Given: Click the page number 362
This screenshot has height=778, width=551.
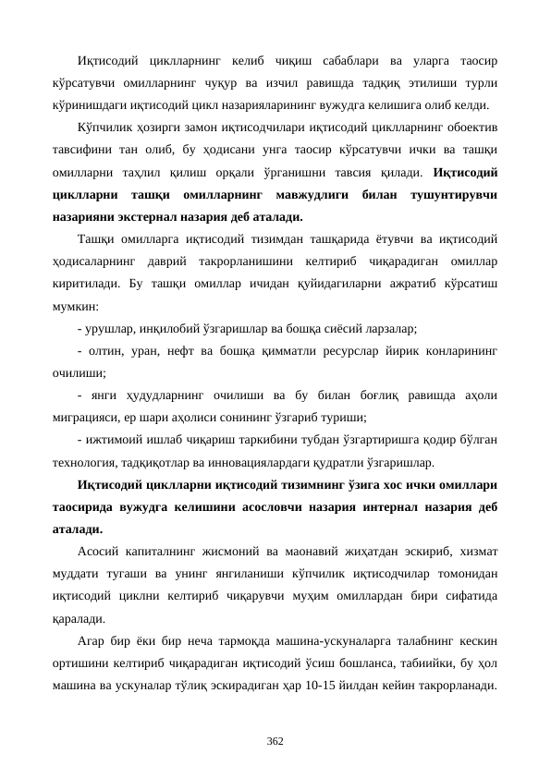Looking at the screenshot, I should click(275, 741).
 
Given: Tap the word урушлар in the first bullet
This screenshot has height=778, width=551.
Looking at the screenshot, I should click(105, 328).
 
